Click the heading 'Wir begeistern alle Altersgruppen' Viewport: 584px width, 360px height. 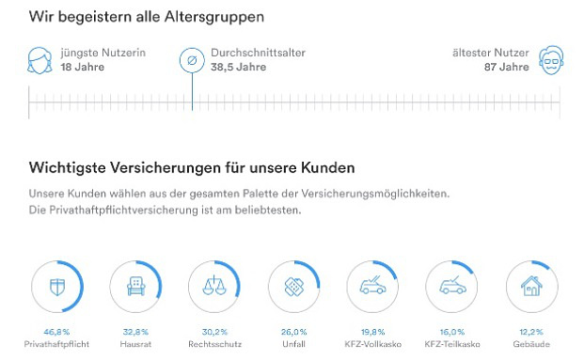point(146,17)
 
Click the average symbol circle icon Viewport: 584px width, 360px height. point(192,61)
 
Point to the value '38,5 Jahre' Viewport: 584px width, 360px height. point(237,69)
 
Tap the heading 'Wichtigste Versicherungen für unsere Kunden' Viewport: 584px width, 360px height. point(192,169)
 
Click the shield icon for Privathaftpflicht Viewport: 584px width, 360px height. point(59,286)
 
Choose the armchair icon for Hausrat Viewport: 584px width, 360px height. point(137,286)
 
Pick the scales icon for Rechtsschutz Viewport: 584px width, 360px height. point(216,286)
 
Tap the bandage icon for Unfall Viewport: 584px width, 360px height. point(295,286)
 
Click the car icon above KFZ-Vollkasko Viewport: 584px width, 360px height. point(374,286)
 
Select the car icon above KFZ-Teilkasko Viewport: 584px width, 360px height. point(453,286)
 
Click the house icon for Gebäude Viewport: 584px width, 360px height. point(532,286)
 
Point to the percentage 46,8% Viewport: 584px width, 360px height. point(58,332)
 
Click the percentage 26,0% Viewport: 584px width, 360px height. point(295,332)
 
